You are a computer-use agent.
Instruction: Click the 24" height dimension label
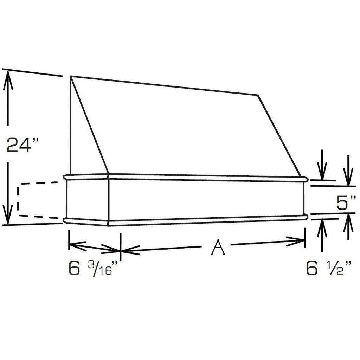pyautogui.click(x=22, y=144)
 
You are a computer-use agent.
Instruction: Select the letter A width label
pyautogui.click(x=217, y=247)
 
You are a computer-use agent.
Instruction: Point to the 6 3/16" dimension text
pyautogui.click(x=93, y=268)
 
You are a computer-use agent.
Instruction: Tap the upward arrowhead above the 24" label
pyautogui.click(x=8, y=81)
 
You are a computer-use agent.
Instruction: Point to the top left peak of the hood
pyautogui.click(x=70, y=76)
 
